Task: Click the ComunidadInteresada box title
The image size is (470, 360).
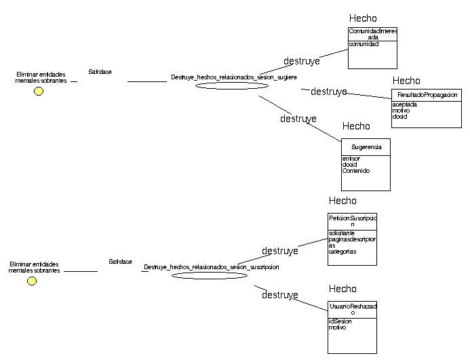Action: click(372, 34)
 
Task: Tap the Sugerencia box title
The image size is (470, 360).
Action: click(366, 146)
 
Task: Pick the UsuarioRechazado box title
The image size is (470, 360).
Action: click(352, 309)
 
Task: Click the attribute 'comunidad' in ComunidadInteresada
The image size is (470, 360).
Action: click(364, 44)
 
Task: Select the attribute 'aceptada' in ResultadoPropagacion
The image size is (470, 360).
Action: click(405, 104)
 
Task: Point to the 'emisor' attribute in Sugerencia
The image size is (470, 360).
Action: click(351, 159)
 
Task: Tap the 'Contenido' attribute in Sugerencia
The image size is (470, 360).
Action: click(356, 171)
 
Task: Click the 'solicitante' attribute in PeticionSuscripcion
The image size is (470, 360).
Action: click(342, 233)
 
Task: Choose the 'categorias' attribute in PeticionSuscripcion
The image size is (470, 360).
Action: click(342, 252)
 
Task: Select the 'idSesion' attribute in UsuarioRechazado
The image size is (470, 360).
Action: click(340, 321)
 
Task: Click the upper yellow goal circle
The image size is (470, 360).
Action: click(39, 92)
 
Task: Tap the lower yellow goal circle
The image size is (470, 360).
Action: click(32, 281)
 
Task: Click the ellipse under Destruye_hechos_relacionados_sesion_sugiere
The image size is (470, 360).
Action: click(232, 86)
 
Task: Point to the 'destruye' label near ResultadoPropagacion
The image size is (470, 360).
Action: click(329, 92)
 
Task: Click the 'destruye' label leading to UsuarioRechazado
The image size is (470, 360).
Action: click(280, 295)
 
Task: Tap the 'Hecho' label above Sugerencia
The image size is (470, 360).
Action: click(356, 126)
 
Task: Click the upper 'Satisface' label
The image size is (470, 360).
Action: click(100, 71)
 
